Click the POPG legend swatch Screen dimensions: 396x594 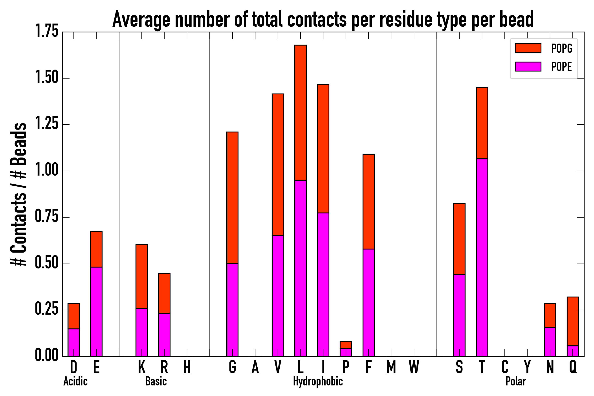click(528, 48)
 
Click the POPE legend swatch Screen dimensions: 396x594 click(528, 67)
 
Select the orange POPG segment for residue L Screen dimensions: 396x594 click(301, 113)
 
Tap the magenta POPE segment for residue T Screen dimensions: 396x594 click(482, 258)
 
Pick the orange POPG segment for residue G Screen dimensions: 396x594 click(232, 198)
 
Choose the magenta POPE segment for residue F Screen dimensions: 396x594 click(368, 302)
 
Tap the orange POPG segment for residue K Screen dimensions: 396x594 click(142, 277)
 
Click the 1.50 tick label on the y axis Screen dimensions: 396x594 click(47, 77)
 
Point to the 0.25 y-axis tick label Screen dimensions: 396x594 click(47, 309)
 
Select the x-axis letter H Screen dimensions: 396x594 click(187, 367)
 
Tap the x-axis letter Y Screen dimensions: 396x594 click(527, 367)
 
